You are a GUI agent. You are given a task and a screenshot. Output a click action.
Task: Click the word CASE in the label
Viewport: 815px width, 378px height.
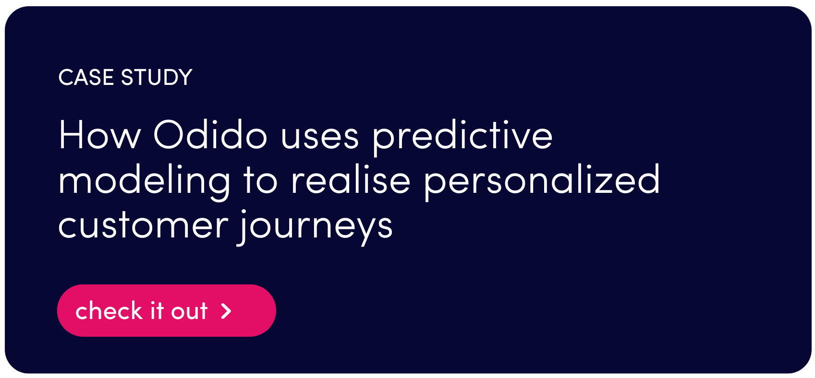coord(86,77)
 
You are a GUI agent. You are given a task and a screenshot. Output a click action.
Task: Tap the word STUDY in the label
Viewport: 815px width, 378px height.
coord(157,77)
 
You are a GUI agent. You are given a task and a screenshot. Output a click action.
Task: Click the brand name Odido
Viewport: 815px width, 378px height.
coord(210,134)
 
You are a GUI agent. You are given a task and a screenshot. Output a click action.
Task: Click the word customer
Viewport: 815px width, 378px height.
coord(143,225)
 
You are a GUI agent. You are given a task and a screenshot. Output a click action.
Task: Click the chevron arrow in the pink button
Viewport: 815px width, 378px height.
coord(226,311)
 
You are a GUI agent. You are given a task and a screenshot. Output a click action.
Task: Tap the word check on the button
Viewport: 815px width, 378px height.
coord(109,310)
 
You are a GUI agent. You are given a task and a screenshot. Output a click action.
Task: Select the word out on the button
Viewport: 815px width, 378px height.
coord(189,312)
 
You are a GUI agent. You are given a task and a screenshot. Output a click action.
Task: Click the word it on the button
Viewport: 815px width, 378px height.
coord(157,311)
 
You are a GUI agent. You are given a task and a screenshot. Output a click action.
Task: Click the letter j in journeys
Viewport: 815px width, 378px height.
coord(243,227)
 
